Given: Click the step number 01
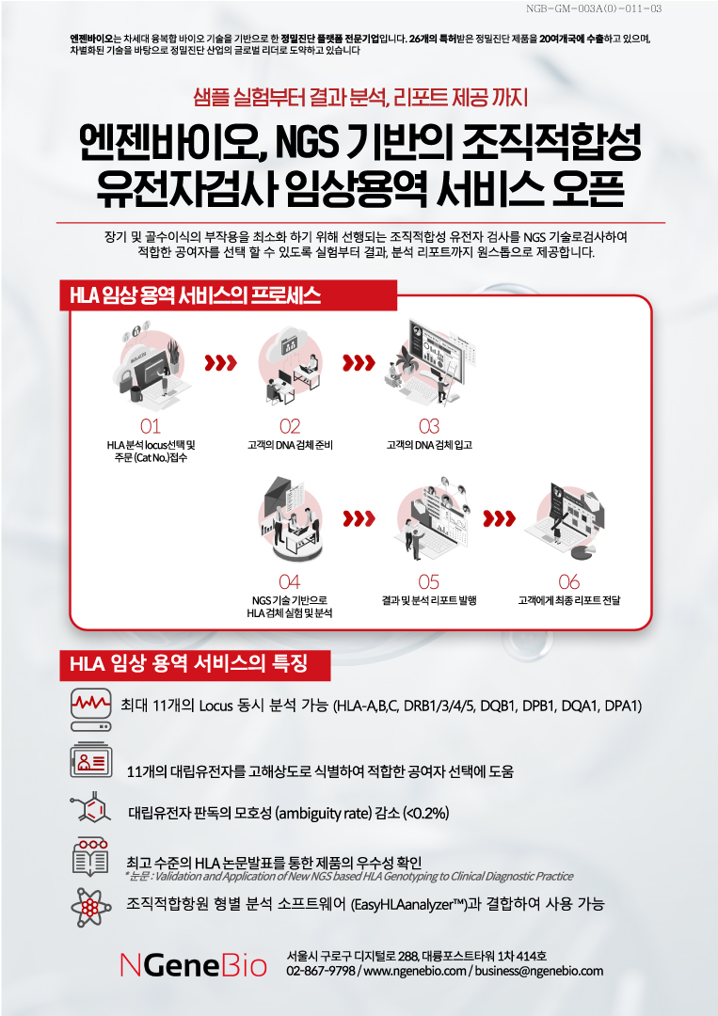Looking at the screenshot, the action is click(151, 426).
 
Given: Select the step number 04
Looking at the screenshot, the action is click(290, 582).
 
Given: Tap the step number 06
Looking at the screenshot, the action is click(568, 582).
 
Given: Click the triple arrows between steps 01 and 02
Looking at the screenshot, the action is click(220, 363).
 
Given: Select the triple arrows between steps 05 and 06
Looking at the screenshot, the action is click(500, 518).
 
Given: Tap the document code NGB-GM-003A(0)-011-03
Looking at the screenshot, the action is click(594, 8).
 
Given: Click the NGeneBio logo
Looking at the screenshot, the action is click(193, 966).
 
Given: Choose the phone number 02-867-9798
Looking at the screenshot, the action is click(321, 971).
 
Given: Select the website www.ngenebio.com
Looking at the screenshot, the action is click(415, 971).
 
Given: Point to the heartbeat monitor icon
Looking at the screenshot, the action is click(90, 709).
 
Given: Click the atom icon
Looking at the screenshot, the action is click(90, 905).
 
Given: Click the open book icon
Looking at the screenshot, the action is click(90, 857).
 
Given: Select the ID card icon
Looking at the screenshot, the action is click(90, 761).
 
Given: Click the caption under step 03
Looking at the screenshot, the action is click(429, 445).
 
